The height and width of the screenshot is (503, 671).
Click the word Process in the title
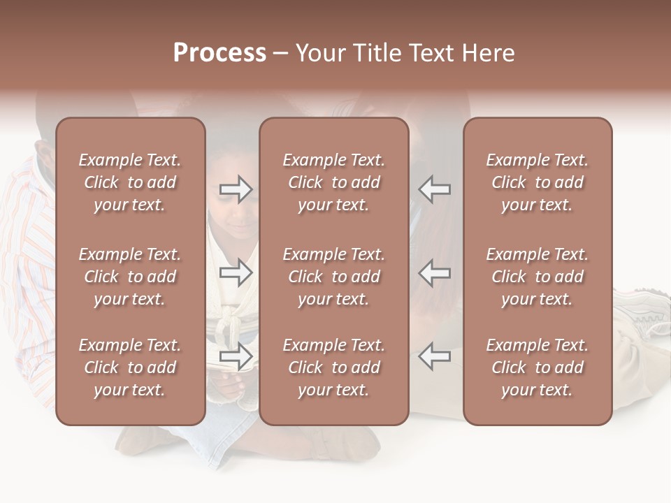coord(219,53)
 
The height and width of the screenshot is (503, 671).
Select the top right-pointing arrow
coord(236,189)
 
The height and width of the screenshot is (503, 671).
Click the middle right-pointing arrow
coord(236,272)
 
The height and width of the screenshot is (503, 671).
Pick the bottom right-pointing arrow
coord(236,356)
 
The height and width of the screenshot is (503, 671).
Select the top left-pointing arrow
coord(435,189)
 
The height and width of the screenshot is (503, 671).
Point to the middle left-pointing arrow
coord(435,272)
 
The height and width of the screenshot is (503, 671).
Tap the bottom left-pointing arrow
coord(435,356)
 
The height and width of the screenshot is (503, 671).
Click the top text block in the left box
coord(130,182)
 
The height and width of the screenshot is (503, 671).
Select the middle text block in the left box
coord(130,277)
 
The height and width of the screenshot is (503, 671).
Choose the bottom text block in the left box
coord(130,367)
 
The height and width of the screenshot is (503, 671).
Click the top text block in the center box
coord(334,182)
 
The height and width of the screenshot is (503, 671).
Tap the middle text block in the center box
coord(334,277)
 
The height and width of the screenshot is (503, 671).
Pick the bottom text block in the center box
coord(334,367)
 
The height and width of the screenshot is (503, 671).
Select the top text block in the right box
coord(537,182)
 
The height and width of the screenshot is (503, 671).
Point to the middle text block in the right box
coord(537,277)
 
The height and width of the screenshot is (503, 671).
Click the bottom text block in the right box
coord(537,367)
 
